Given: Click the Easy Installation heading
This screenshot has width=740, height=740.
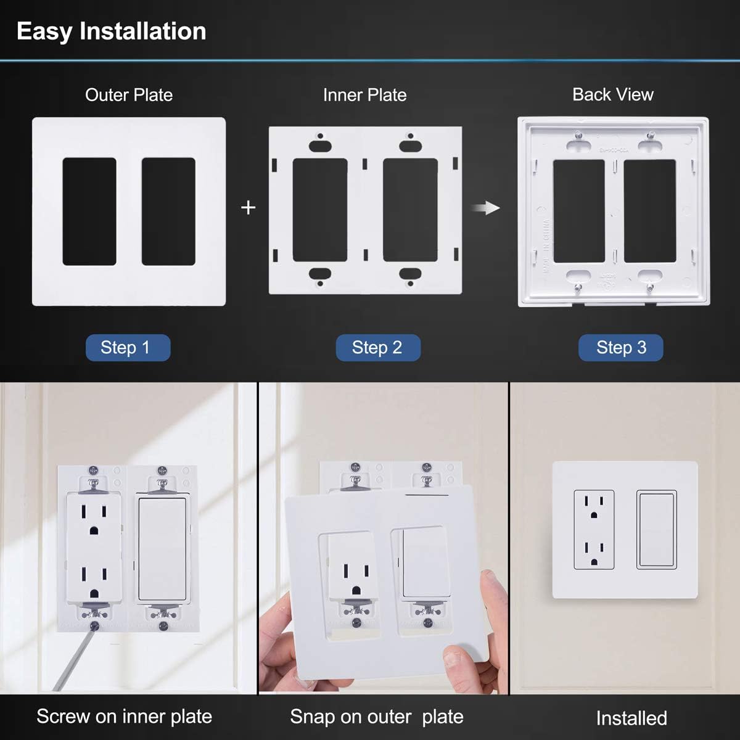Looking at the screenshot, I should [x=112, y=31].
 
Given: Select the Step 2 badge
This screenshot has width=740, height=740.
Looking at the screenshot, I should [x=377, y=348].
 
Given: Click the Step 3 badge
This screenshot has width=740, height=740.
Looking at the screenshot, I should [x=620, y=348].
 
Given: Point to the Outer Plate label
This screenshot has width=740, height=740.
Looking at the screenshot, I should [x=129, y=95].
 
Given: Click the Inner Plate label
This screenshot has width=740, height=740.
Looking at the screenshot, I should [x=364, y=95].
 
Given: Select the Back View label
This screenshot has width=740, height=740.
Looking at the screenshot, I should [x=612, y=94].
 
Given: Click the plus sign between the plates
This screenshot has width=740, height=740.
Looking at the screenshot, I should [x=248, y=208].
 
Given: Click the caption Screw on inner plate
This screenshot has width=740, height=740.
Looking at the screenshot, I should [x=124, y=717].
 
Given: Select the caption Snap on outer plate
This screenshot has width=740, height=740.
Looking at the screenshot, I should [x=376, y=717].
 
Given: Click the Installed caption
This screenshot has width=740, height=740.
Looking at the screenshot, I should [x=631, y=718].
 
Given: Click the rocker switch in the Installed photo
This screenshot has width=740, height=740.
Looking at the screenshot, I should [x=657, y=529].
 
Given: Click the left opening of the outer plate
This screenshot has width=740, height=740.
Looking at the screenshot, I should [x=89, y=212].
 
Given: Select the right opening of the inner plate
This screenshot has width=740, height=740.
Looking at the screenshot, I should [x=410, y=210].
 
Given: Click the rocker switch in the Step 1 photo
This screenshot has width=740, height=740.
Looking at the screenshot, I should [x=162, y=549].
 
